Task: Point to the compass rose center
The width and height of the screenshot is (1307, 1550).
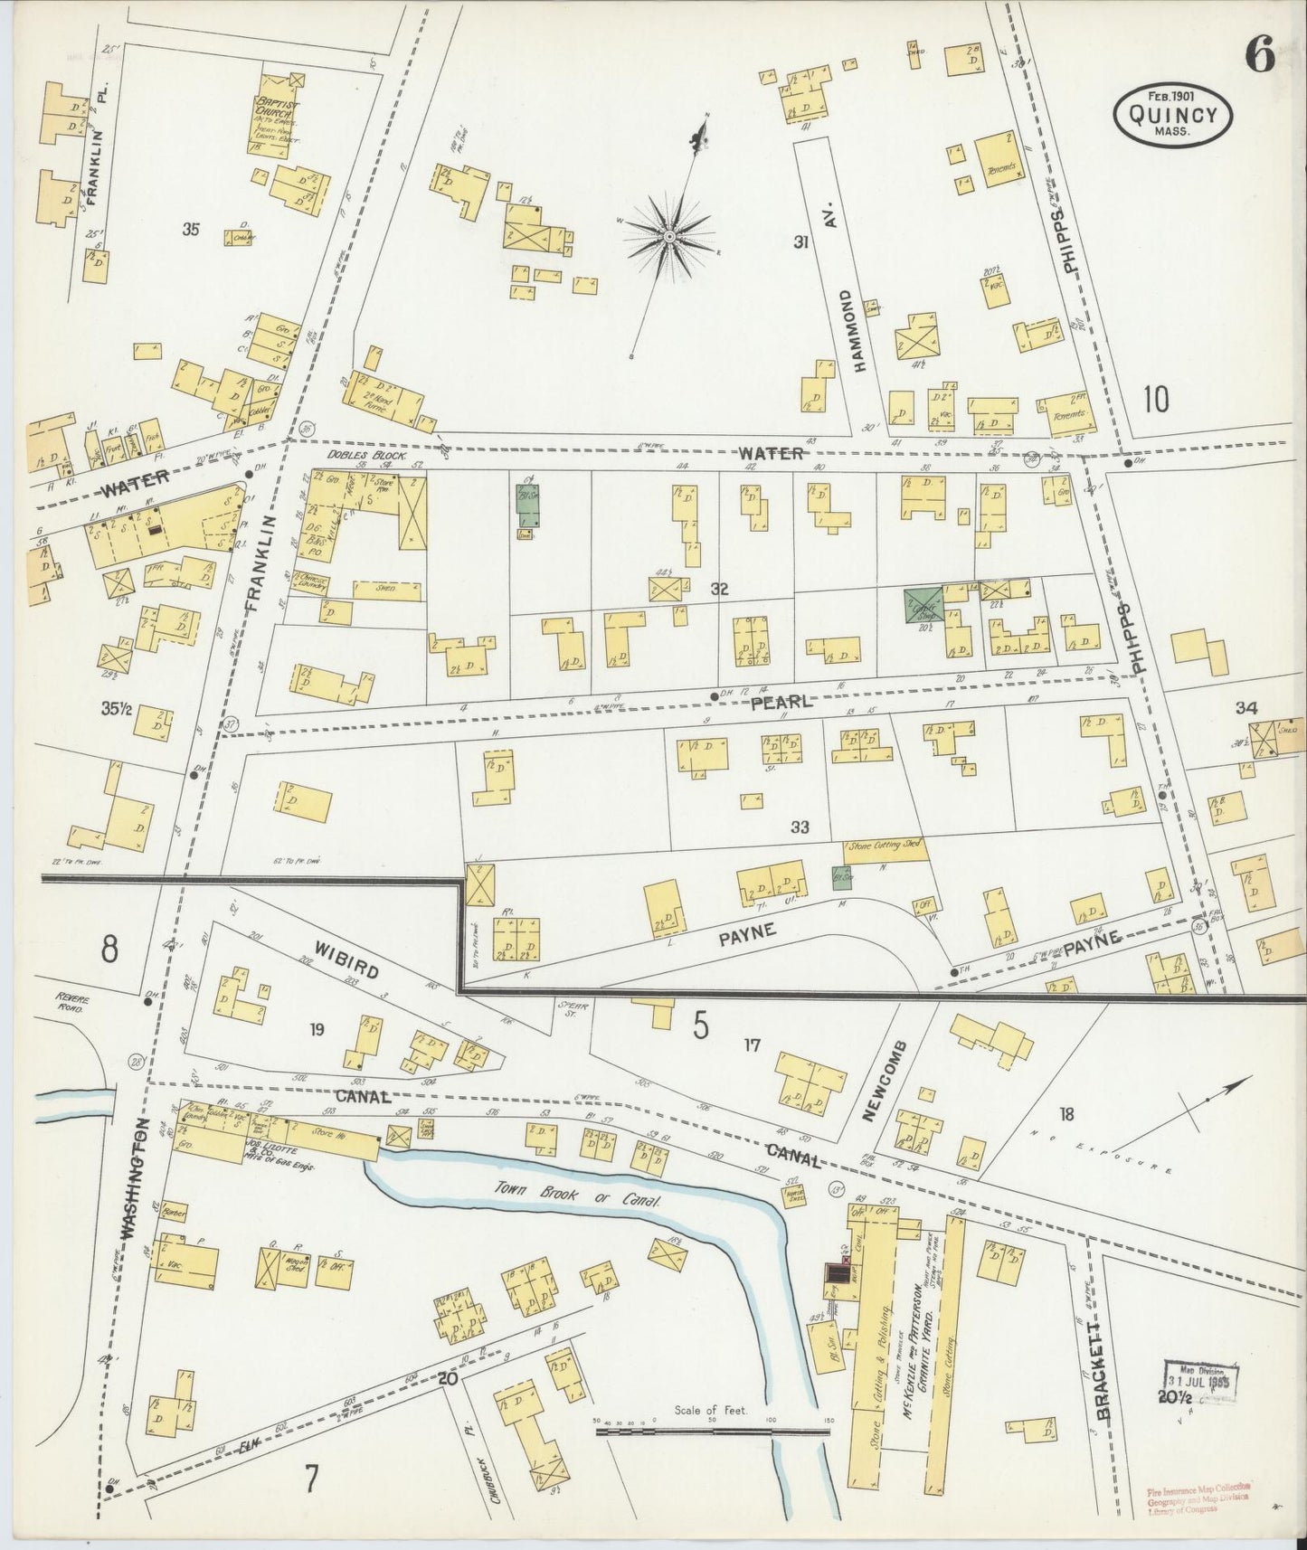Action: point(669,236)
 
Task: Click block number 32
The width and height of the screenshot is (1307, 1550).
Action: point(720,590)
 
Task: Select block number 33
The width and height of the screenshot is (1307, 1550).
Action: point(799,827)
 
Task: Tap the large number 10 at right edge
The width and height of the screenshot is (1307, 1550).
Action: point(1155,397)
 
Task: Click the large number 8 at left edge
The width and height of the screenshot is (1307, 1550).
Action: point(109,950)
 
